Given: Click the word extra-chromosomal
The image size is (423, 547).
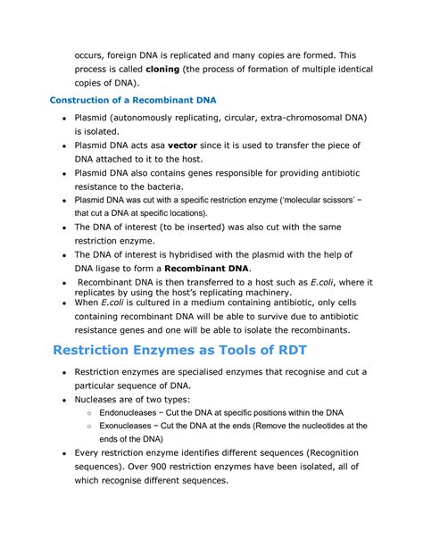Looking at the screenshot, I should [x=292, y=118].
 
